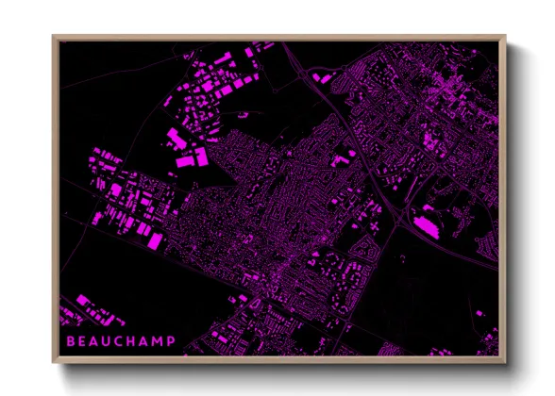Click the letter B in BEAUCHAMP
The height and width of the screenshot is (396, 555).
tap(69, 341)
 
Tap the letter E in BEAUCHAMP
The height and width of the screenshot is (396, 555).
tap(82, 341)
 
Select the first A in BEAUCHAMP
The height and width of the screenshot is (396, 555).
tap(95, 341)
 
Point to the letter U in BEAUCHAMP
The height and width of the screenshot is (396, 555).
tap(109, 341)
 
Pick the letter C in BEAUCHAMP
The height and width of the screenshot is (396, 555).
tap(122, 341)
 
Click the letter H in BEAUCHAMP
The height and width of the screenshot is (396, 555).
tap(135, 341)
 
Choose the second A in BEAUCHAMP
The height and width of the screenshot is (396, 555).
tap(148, 341)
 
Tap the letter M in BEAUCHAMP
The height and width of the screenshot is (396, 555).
tap(161, 341)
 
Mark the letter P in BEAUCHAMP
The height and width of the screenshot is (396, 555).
tap(173, 341)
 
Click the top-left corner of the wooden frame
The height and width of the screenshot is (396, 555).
tap(53, 36)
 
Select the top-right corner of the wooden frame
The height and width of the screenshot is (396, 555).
tap(506, 36)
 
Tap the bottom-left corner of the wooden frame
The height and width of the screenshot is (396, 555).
tap(53, 363)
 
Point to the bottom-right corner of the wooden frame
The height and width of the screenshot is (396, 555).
tap(506, 363)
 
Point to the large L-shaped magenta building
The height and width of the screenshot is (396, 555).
tap(176, 140)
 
